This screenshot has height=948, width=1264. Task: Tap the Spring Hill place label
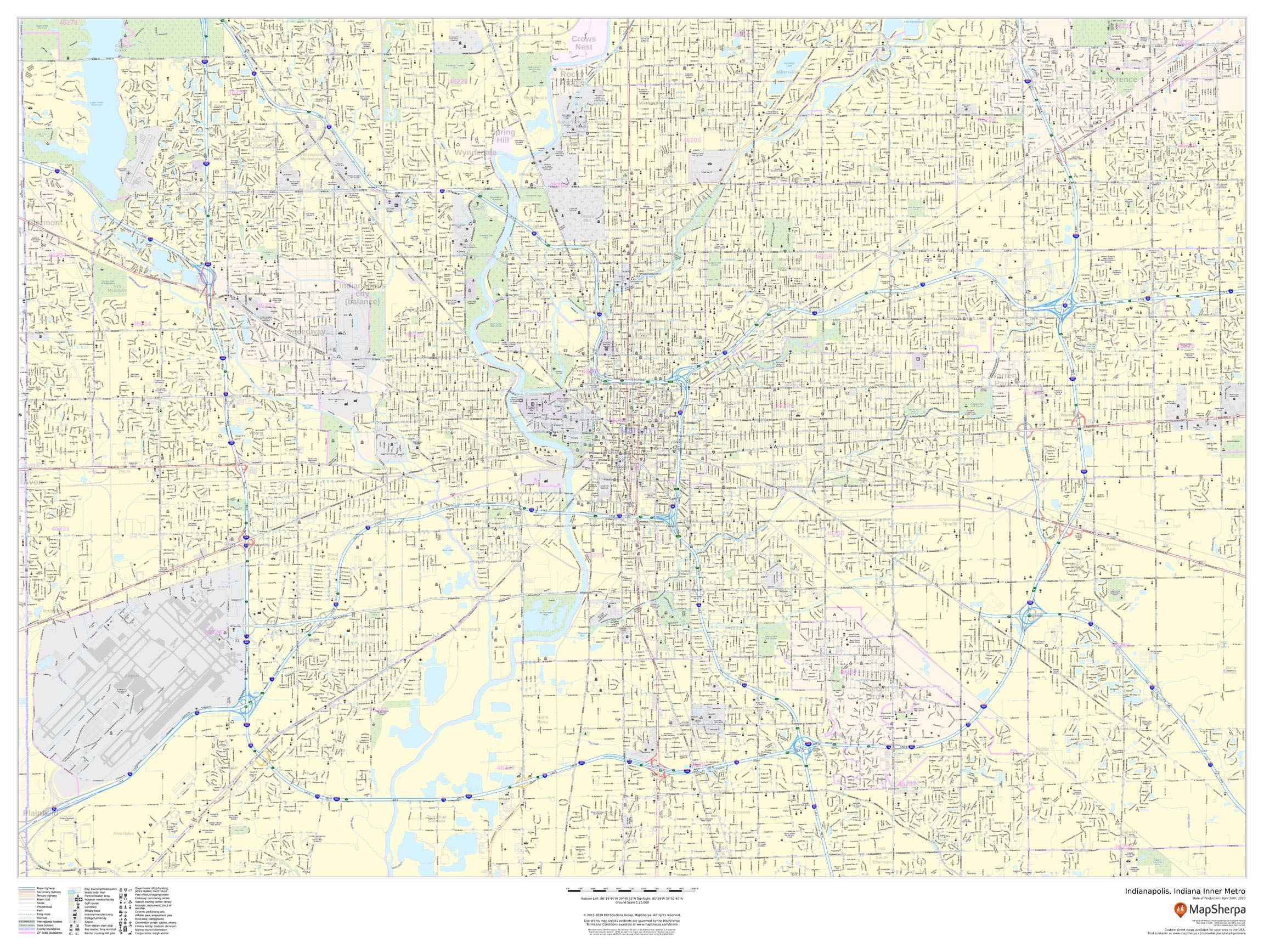tap(503, 136)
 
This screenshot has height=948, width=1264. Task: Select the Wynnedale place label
tap(476, 153)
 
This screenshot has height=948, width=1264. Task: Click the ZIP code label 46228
tap(458, 81)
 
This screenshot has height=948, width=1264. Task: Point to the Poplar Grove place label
tap(1042, 752)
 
